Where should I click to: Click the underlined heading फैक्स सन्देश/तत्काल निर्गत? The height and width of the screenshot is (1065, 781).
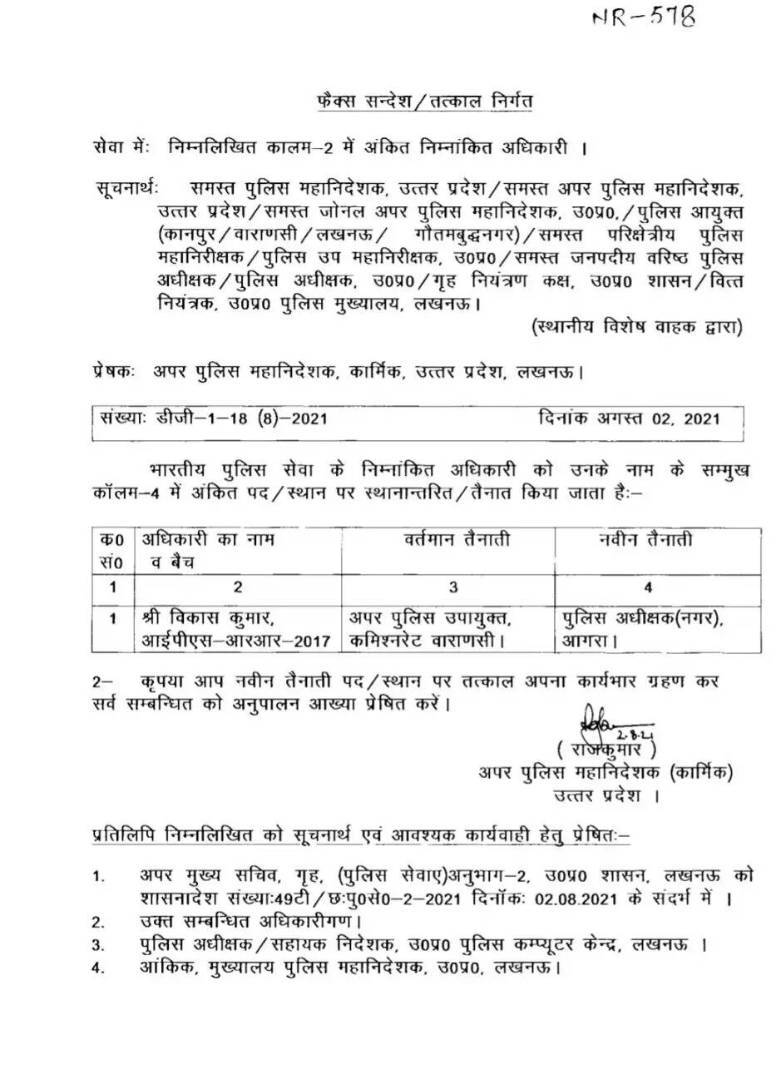click(413, 102)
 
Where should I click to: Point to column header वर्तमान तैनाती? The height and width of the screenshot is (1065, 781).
click(453, 540)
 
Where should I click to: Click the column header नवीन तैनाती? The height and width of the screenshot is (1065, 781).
click(645, 540)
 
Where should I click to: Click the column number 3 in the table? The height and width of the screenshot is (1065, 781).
click(453, 587)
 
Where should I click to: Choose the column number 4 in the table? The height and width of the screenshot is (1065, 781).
click(648, 587)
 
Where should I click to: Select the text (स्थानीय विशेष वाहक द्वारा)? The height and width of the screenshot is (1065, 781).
click(637, 327)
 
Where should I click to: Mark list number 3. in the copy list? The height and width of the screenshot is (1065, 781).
click(98, 946)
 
